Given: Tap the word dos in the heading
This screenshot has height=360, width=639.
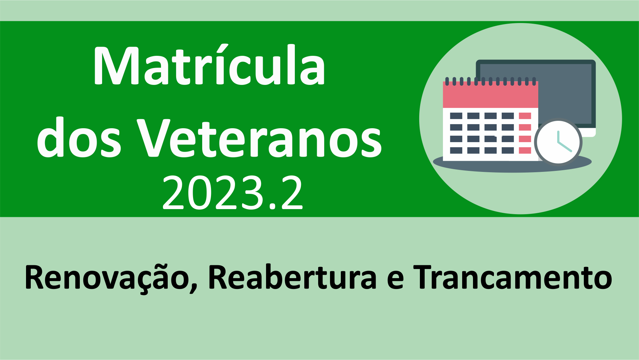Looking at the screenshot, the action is (79, 138).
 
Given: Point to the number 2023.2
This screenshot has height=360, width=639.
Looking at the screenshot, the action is (233, 193).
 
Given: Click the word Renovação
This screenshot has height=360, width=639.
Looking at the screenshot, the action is (107, 278).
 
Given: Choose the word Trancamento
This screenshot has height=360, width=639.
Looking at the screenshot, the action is (513, 278).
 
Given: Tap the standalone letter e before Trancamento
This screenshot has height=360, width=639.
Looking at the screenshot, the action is (395, 280).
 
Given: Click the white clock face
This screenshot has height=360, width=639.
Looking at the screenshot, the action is (558, 142).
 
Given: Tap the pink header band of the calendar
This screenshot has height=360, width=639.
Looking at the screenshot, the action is (491, 95).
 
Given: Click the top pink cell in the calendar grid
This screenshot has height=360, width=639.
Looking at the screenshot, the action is (525, 116).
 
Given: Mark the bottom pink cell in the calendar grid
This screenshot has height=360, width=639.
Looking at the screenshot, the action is (525, 150).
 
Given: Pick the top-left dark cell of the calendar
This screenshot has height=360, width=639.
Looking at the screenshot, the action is (456, 116).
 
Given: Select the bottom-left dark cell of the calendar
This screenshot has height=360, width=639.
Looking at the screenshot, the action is (456, 150).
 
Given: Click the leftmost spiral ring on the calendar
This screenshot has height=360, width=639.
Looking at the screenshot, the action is (447, 81).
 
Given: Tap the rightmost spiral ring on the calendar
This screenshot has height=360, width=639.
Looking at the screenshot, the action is (534, 81).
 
